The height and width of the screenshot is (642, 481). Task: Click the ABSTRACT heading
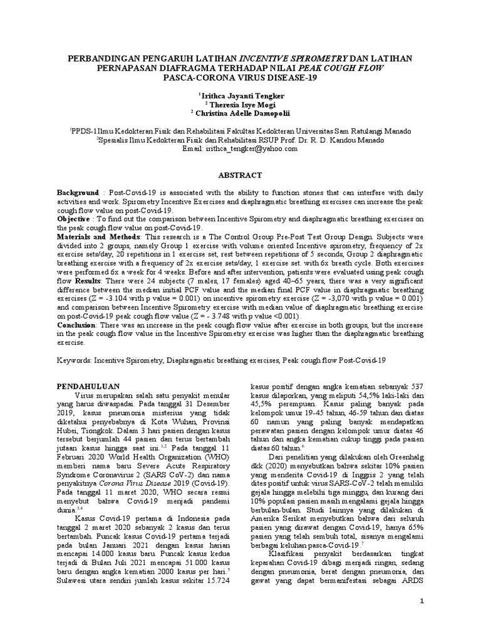(x=240, y=175)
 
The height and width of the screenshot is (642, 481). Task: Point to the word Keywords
(x=75, y=361)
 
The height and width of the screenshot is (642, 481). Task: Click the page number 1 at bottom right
(x=422, y=601)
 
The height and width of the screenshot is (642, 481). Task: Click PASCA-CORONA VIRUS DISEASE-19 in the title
(x=240, y=78)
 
